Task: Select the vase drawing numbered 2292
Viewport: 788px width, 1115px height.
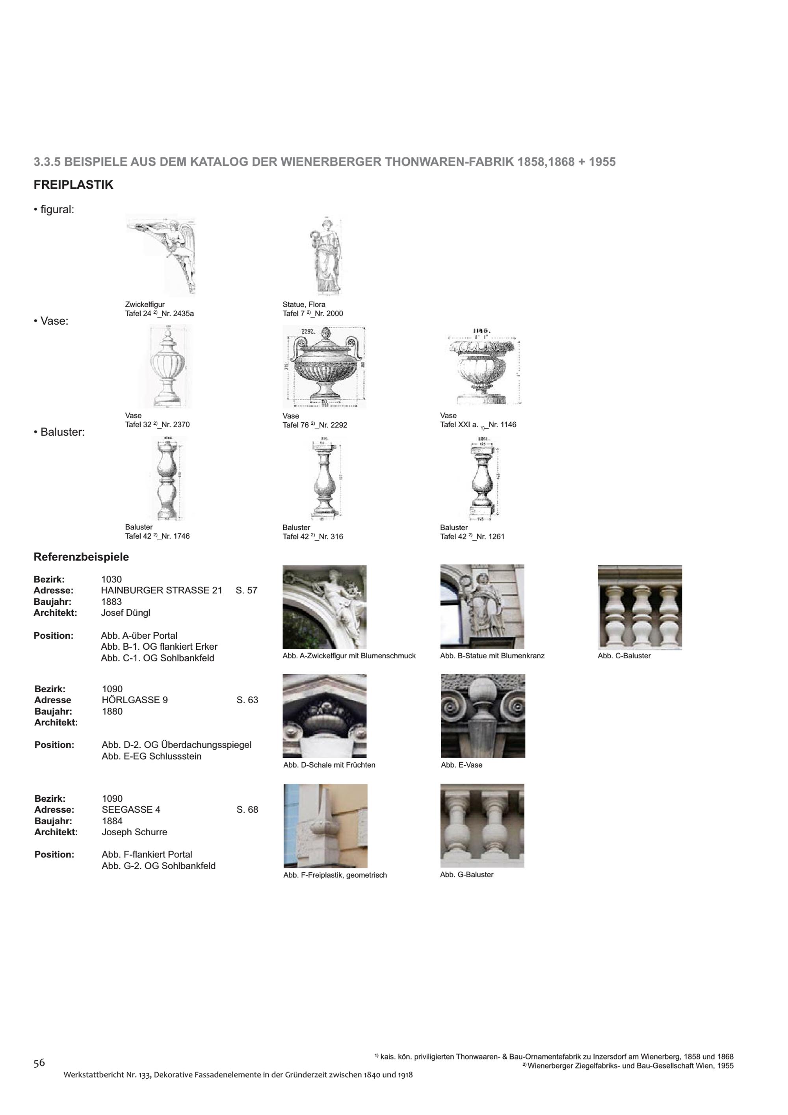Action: (x=324, y=367)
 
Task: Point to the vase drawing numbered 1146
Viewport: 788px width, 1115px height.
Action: (x=482, y=367)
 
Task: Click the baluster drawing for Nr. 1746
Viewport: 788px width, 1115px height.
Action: (x=167, y=478)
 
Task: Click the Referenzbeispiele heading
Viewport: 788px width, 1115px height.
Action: (x=81, y=557)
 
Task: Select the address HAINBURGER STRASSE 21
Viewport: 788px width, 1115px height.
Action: (x=161, y=591)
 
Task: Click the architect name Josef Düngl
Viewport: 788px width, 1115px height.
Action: (x=126, y=613)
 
